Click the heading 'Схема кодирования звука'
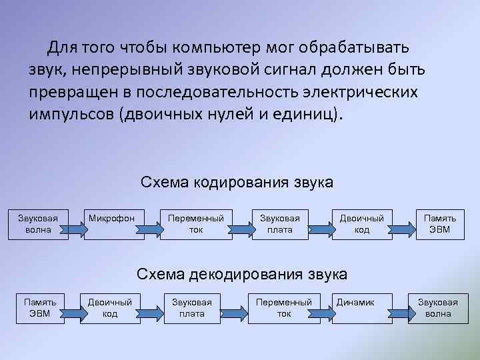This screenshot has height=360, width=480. click(x=237, y=182)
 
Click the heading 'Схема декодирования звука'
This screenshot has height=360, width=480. click(x=241, y=274)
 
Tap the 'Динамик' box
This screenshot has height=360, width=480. click(x=361, y=307)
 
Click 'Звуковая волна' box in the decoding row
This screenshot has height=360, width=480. click(x=438, y=307)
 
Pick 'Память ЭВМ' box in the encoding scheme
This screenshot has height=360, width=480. click(x=440, y=223)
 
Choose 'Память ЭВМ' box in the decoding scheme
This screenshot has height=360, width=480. click(x=41, y=307)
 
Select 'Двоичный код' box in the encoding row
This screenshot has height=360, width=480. click(x=362, y=223)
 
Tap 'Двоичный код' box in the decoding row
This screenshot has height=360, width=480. click(x=110, y=307)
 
